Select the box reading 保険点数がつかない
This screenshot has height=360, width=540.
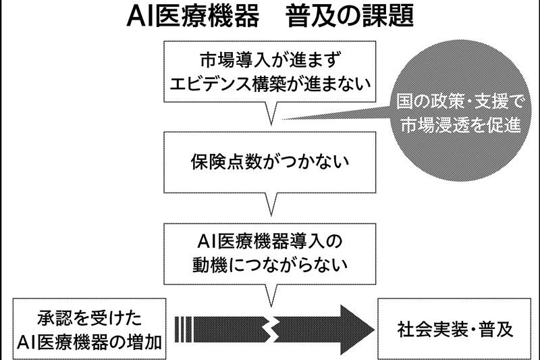click(x=269, y=163)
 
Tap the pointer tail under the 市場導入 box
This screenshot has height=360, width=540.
click(x=271, y=115)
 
